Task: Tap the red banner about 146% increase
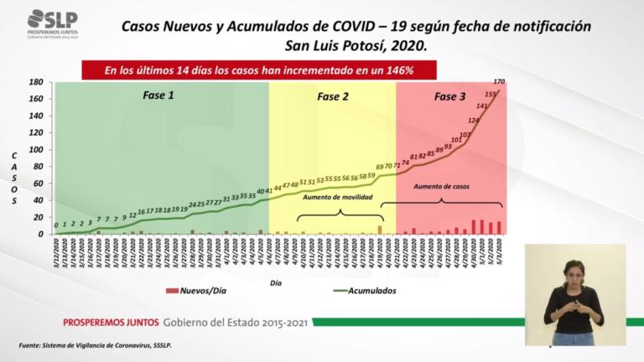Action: (259, 70)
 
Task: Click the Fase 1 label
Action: (158, 96)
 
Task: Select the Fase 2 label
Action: (332, 96)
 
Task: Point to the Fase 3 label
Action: (449, 96)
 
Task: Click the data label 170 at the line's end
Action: (499, 81)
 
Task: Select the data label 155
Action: (491, 95)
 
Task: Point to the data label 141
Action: (482, 106)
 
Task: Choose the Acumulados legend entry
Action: (361, 291)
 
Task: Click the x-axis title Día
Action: (276, 283)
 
